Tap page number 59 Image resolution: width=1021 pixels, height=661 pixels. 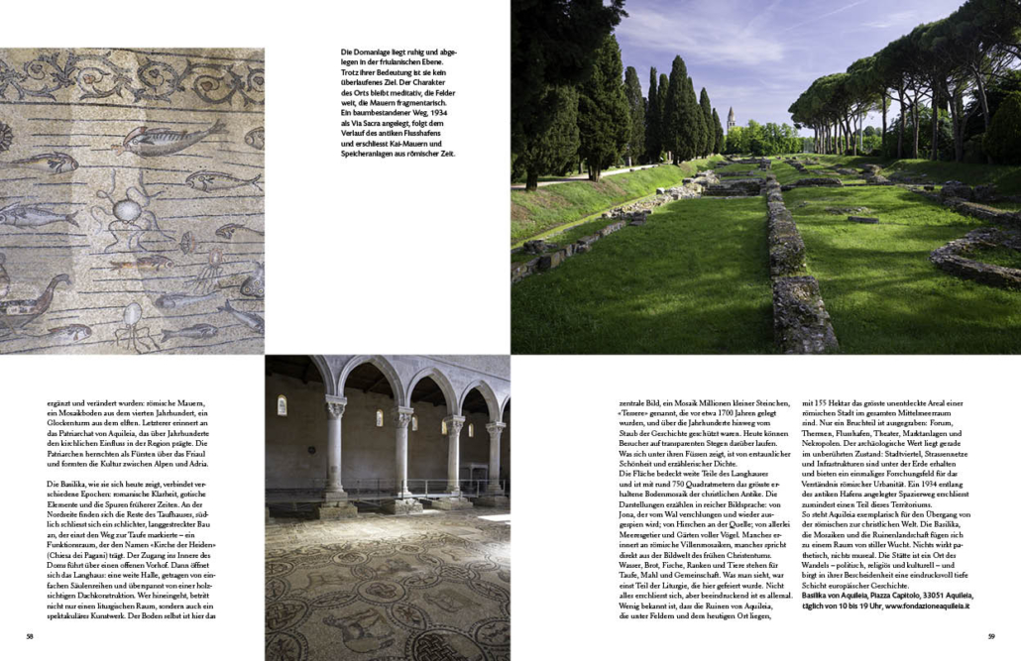point(991,636)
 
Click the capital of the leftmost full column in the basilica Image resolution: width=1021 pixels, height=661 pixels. point(335,406)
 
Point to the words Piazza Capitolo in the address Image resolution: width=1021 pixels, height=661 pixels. point(884,595)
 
